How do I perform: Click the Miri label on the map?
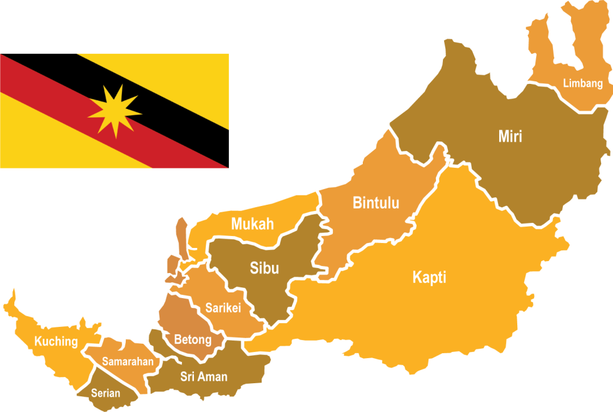click(510, 136)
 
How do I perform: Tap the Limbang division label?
click(582, 83)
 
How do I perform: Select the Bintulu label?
click(376, 203)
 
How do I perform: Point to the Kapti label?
click(429, 277)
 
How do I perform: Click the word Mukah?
click(252, 224)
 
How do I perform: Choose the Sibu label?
click(264, 269)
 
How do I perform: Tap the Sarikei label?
click(223, 308)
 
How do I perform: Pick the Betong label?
click(193, 340)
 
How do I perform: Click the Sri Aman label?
click(204, 376)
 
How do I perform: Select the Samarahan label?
click(128, 362)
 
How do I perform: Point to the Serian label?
click(105, 394)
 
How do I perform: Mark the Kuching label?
click(56, 342)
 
